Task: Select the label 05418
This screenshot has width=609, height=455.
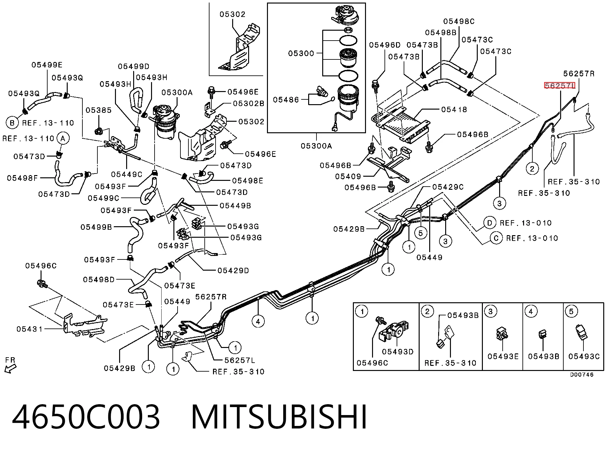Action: pos(454,110)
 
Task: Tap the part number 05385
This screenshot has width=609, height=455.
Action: pos(99,110)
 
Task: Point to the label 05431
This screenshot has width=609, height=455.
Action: pos(29,329)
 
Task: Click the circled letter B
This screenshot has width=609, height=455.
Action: pos(12,123)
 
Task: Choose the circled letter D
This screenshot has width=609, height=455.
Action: pos(490,223)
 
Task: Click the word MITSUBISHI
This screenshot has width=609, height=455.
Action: pos(279,417)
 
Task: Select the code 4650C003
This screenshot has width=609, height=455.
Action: pos(86,417)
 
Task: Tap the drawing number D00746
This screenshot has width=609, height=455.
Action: pos(582,375)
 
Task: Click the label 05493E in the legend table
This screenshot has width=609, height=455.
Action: pos(503,356)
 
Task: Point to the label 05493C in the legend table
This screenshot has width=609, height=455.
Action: pos(584,356)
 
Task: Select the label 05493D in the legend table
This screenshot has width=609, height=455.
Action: pos(398,351)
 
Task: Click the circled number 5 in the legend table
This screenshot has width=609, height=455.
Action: pos(572,312)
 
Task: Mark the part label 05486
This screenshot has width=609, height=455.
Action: pos(286,100)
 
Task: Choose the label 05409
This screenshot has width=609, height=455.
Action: pos(348,176)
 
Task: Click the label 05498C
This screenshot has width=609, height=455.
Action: pos(459,21)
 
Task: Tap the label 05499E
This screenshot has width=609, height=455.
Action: pos(47,65)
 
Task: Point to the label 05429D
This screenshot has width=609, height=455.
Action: pos(233,271)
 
